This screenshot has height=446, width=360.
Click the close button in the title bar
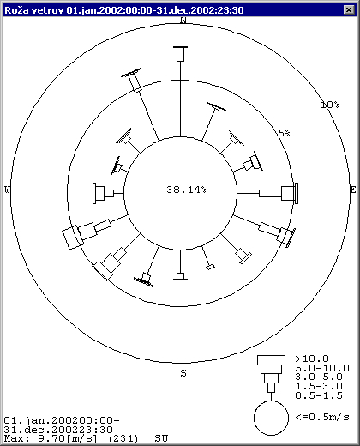coord(349,10)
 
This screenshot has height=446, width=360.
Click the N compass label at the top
coord(183,21)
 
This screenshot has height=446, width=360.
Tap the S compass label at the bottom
coord(183,373)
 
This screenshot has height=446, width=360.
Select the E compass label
coord(353,190)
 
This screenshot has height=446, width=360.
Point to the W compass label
coord(7,190)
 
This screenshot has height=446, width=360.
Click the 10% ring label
coord(330,105)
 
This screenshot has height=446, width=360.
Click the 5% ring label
coord(285,133)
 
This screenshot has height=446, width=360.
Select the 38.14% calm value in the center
coord(186,190)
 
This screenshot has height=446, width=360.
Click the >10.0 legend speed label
coord(312,359)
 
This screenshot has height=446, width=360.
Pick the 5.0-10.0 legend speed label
coord(322,368)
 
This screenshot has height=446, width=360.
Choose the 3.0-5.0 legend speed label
coord(319,377)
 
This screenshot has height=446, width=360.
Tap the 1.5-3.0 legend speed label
coord(319,386)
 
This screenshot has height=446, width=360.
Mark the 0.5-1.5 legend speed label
coord(319,395)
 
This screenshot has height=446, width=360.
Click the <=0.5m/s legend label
coord(322,417)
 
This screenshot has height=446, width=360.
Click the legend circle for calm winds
coord(271,401)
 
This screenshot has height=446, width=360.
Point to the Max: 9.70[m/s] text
coord(51,438)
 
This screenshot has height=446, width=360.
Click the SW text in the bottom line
coord(161,438)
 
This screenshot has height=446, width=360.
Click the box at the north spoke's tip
coord(180,54)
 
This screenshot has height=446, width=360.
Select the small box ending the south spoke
coord(180,276)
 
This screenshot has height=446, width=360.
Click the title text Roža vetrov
coord(34,10)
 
